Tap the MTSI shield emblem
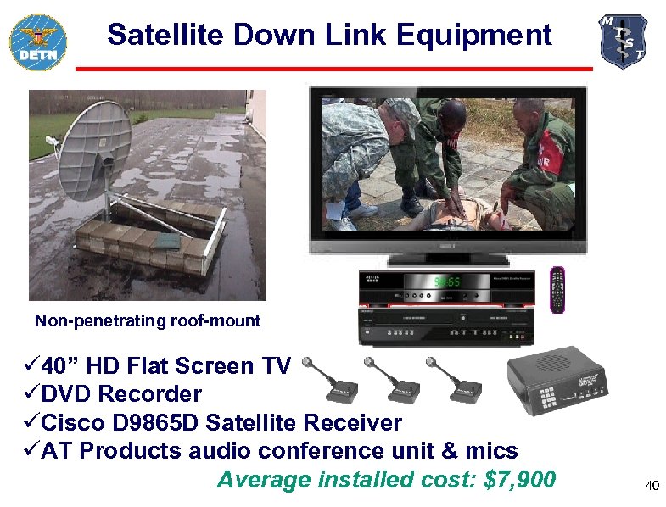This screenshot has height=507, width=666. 623,41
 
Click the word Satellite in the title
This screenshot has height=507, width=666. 161,36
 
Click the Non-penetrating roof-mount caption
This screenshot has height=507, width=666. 148,321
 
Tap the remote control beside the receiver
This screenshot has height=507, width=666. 557,289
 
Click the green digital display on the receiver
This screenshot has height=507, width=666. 448,281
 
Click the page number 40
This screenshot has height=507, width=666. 652,486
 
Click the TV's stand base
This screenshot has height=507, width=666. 446,260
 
